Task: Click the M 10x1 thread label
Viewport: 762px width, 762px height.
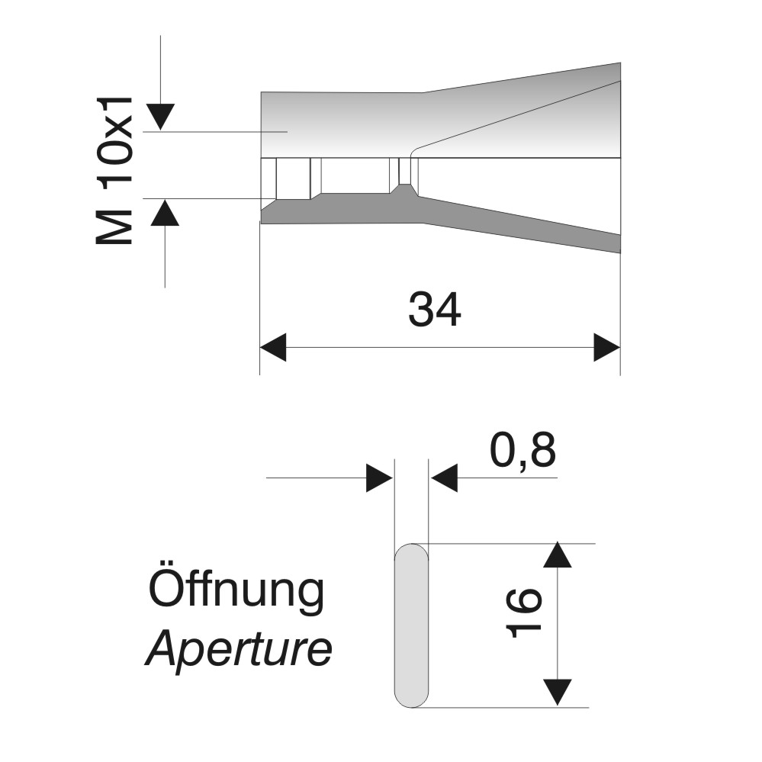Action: [x=114, y=170]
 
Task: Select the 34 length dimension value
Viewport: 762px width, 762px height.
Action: [x=435, y=310]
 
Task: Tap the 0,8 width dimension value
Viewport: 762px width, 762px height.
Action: [x=522, y=451]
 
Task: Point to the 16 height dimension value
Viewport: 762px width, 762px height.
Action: [x=523, y=612]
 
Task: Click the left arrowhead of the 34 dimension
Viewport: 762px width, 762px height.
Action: [x=273, y=348]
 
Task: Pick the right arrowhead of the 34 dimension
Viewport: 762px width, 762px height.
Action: [x=607, y=348]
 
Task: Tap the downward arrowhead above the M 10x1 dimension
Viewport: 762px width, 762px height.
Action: [x=160, y=117]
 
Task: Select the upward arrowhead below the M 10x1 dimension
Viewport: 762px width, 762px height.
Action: [x=165, y=212]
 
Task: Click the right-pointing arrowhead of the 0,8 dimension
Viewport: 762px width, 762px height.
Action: [x=379, y=477]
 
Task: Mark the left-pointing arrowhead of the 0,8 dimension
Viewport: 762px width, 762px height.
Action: [x=444, y=477]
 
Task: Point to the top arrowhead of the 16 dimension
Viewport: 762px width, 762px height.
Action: [x=557, y=555]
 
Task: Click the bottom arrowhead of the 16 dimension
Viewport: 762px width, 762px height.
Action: [x=557, y=692]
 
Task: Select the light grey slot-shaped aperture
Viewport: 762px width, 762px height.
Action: [x=411, y=625]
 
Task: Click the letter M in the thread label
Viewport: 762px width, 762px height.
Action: [x=114, y=227]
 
